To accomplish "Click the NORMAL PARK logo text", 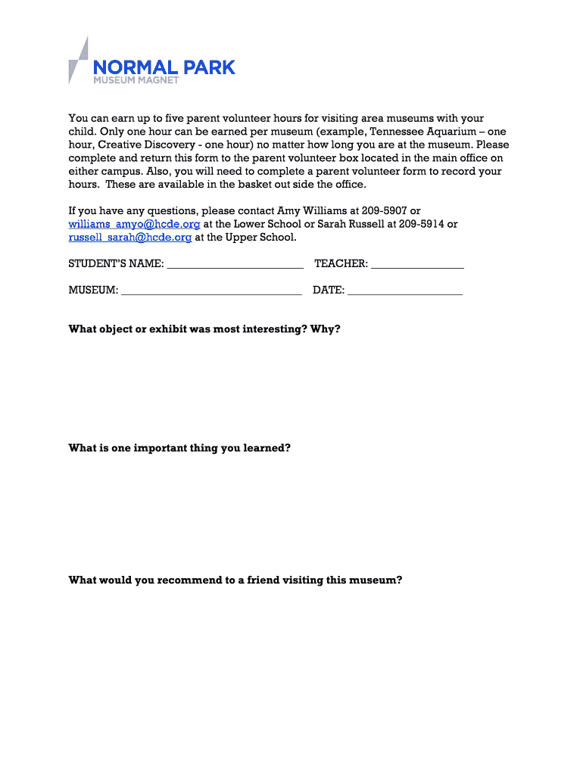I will point(164,67).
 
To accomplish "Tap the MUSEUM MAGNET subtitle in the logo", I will point(136,81).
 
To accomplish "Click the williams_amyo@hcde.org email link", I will point(134,224).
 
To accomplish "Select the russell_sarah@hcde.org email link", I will point(129,237).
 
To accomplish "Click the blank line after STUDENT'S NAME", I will point(235,266).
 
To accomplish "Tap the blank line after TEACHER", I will point(417,266).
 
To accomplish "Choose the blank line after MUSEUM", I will point(211,291).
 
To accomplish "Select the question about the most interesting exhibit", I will point(204,329).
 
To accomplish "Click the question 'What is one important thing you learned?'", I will point(179,447).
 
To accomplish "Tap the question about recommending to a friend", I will point(235,580).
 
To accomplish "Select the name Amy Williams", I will point(310,210).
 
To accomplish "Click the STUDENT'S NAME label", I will point(116,263).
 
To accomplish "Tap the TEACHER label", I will point(341,263).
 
